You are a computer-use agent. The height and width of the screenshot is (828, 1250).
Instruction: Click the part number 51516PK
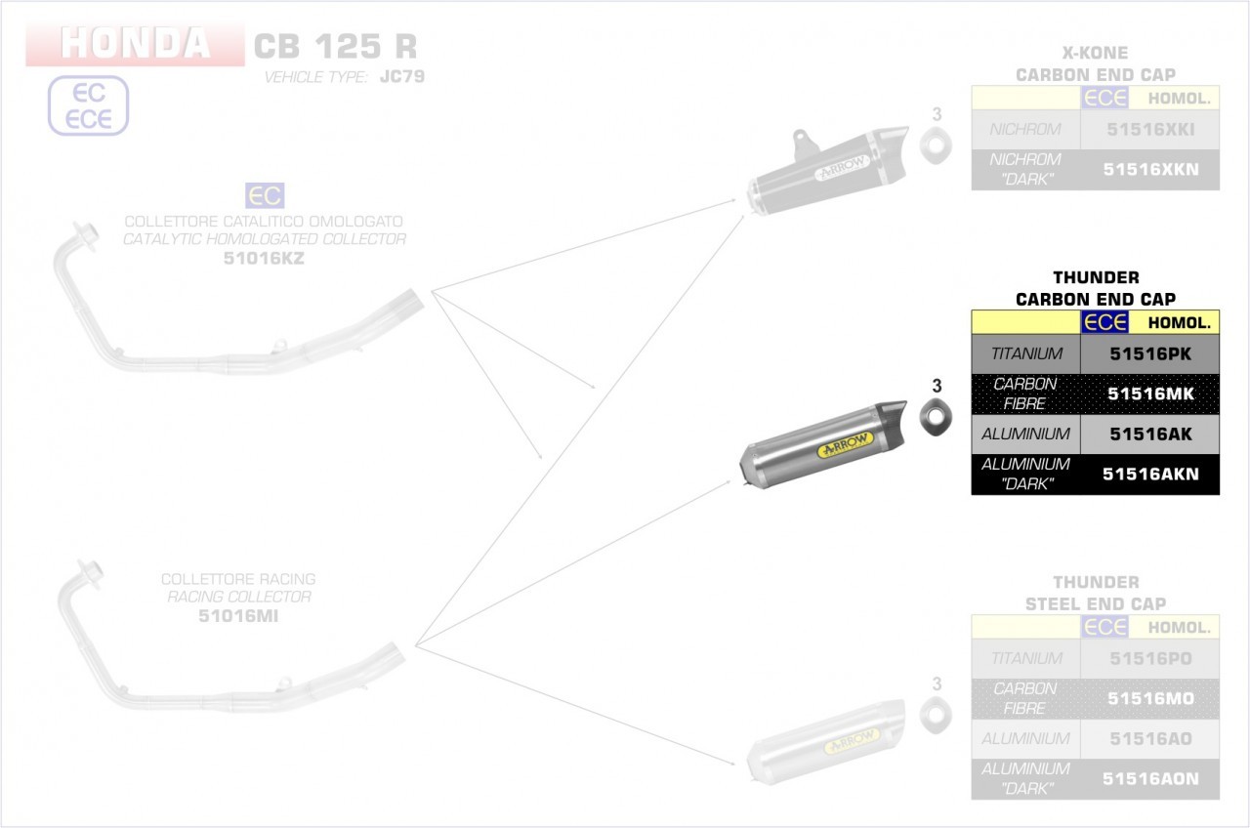click(1150, 354)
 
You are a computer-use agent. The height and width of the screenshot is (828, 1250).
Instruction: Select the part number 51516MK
click(1150, 393)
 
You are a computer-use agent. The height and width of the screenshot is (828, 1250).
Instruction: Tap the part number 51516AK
click(1150, 434)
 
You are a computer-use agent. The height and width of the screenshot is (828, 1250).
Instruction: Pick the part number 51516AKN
click(1150, 475)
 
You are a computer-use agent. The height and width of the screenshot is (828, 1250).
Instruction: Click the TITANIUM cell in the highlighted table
click(1025, 354)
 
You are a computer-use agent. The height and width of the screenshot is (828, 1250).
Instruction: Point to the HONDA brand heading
click(135, 43)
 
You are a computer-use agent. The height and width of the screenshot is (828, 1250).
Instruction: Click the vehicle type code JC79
click(401, 76)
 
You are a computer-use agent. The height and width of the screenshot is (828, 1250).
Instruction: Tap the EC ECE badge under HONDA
click(89, 105)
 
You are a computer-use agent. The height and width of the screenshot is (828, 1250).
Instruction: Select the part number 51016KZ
click(264, 258)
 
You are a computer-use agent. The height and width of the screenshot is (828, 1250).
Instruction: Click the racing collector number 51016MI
click(239, 615)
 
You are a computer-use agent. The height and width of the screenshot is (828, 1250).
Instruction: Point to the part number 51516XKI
click(1150, 129)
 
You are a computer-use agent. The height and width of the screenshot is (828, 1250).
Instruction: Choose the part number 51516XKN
click(1150, 169)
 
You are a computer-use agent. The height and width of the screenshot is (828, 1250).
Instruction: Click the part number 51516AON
click(1150, 779)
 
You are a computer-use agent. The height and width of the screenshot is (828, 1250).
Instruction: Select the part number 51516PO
click(1150, 659)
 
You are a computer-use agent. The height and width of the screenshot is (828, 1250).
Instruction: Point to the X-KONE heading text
click(1096, 53)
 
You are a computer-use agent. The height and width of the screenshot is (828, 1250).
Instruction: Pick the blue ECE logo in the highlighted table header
click(1104, 322)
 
